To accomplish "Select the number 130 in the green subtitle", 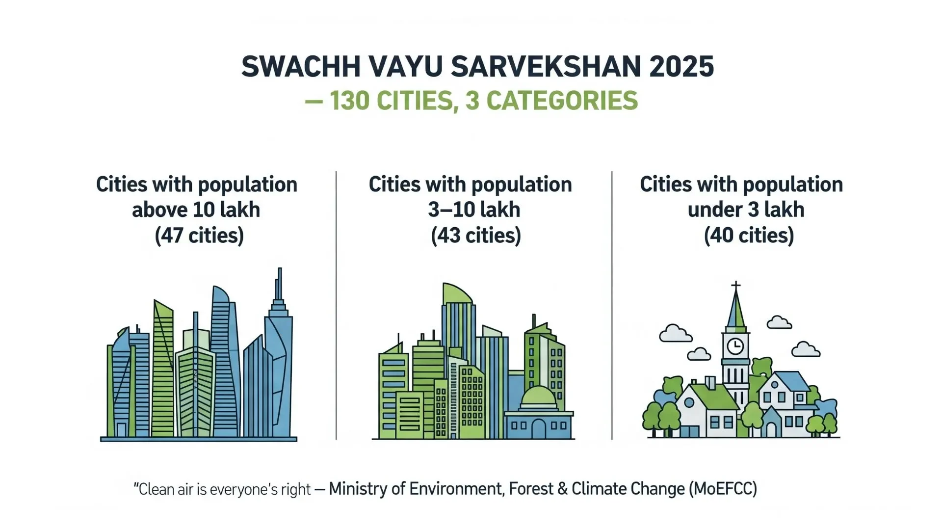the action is click(349, 101).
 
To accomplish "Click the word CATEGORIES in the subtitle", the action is click(562, 101).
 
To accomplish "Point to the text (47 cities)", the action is click(199, 236).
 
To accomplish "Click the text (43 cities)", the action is click(476, 236).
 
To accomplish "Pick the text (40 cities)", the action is click(749, 236).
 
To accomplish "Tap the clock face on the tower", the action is click(735, 346).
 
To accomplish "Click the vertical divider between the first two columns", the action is click(336, 305).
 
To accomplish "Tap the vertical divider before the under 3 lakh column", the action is click(612, 305).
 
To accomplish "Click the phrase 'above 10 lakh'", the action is click(196, 210).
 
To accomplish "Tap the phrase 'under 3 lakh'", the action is click(746, 210).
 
